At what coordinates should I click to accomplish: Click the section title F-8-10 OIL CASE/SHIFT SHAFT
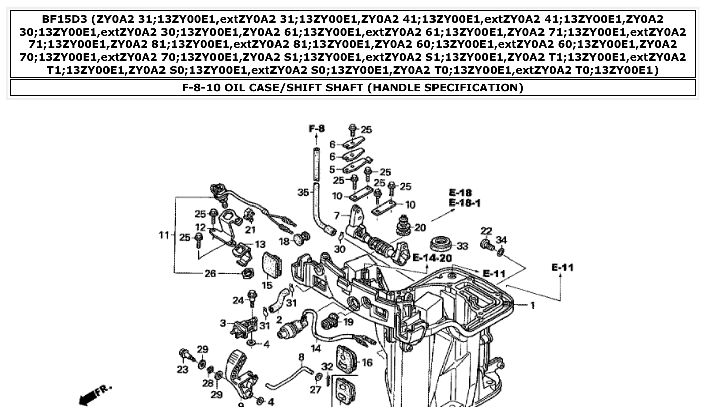point(352,88)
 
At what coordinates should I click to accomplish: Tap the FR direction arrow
point(94,395)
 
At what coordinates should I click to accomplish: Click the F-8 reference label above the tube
point(316,128)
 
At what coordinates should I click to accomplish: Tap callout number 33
point(462,246)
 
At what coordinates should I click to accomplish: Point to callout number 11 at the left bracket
point(163,235)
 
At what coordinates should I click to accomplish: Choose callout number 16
point(367,362)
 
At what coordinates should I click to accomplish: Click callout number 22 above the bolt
point(485,231)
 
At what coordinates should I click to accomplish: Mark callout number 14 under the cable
point(315,348)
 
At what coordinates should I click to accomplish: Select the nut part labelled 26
point(247,274)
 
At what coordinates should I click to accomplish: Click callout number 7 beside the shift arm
point(337,215)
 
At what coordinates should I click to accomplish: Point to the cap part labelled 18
point(302,238)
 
